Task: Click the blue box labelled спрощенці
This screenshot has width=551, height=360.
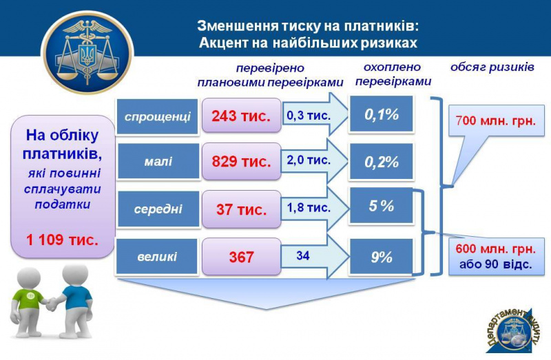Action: coord(158,116)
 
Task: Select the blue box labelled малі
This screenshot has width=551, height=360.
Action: coord(158,162)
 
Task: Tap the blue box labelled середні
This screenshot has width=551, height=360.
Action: coord(158,209)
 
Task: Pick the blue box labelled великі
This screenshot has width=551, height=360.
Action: coord(158,257)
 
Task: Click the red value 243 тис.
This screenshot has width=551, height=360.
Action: coord(241,116)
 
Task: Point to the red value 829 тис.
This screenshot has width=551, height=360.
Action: coord(241,162)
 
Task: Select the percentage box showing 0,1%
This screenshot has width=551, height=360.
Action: coord(381,114)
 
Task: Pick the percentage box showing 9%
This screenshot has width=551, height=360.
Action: coord(381,257)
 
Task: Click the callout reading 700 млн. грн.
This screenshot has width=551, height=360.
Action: coord(494,122)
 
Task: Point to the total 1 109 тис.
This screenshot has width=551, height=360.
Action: coord(62,240)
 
